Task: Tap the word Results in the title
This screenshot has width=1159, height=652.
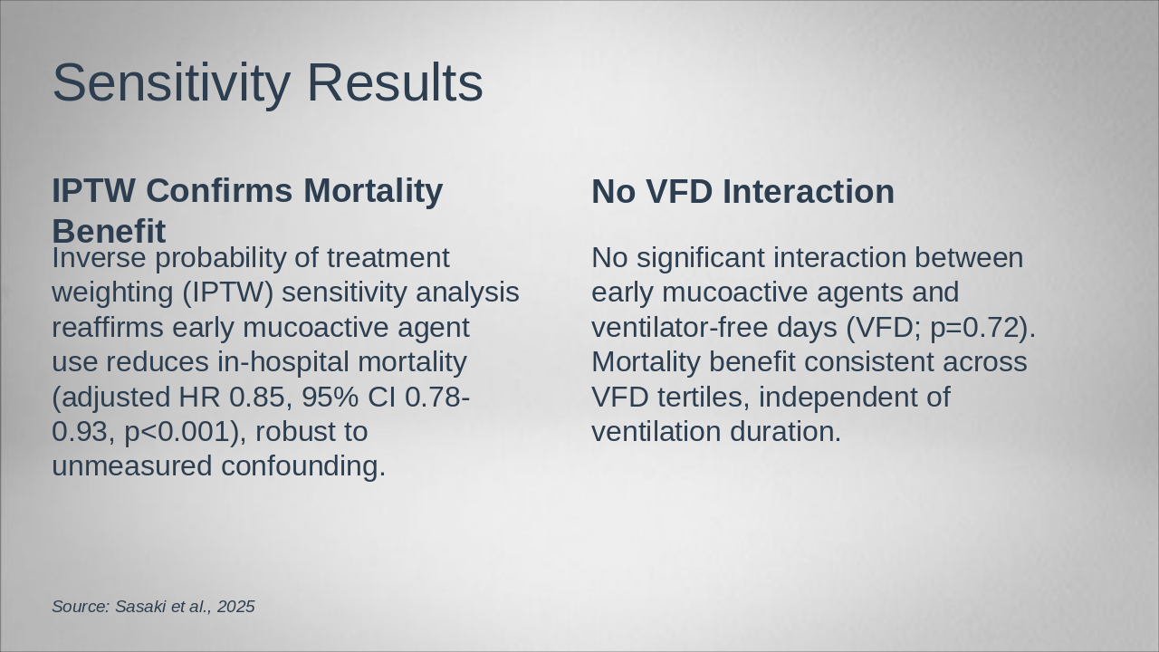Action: [x=396, y=82]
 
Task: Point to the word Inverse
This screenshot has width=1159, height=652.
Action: [x=99, y=258]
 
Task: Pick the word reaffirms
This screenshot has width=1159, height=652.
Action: [x=108, y=327]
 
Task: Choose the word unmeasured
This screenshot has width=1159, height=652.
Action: [x=132, y=466]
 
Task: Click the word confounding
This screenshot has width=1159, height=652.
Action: [x=303, y=466]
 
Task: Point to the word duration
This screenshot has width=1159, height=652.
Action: [x=785, y=432]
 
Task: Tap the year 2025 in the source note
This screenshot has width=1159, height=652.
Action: [x=236, y=607]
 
